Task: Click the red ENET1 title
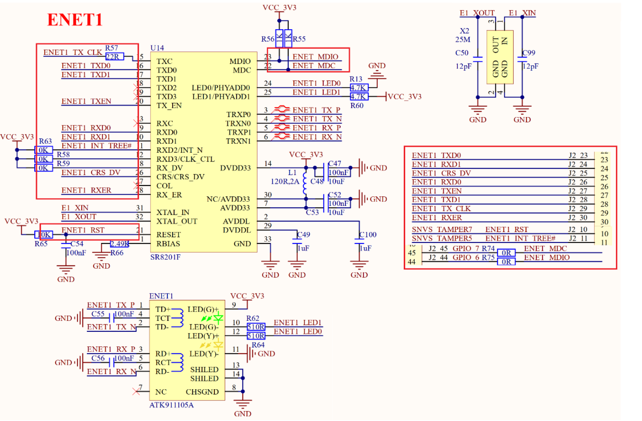click(x=75, y=20)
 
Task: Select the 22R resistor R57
click(x=115, y=57)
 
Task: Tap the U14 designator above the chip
click(x=157, y=48)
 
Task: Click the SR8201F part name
click(x=165, y=257)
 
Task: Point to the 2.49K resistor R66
click(x=120, y=244)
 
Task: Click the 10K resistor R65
click(x=44, y=235)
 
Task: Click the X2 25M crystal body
click(x=500, y=57)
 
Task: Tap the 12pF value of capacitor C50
click(x=463, y=66)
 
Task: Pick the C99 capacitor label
click(x=529, y=53)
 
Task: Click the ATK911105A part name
click(x=171, y=405)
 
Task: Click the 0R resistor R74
click(x=506, y=253)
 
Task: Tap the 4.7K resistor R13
click(x=359, y=88)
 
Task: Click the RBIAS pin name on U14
click(x=168, y=244)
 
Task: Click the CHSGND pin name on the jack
click(x=202, y=392)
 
